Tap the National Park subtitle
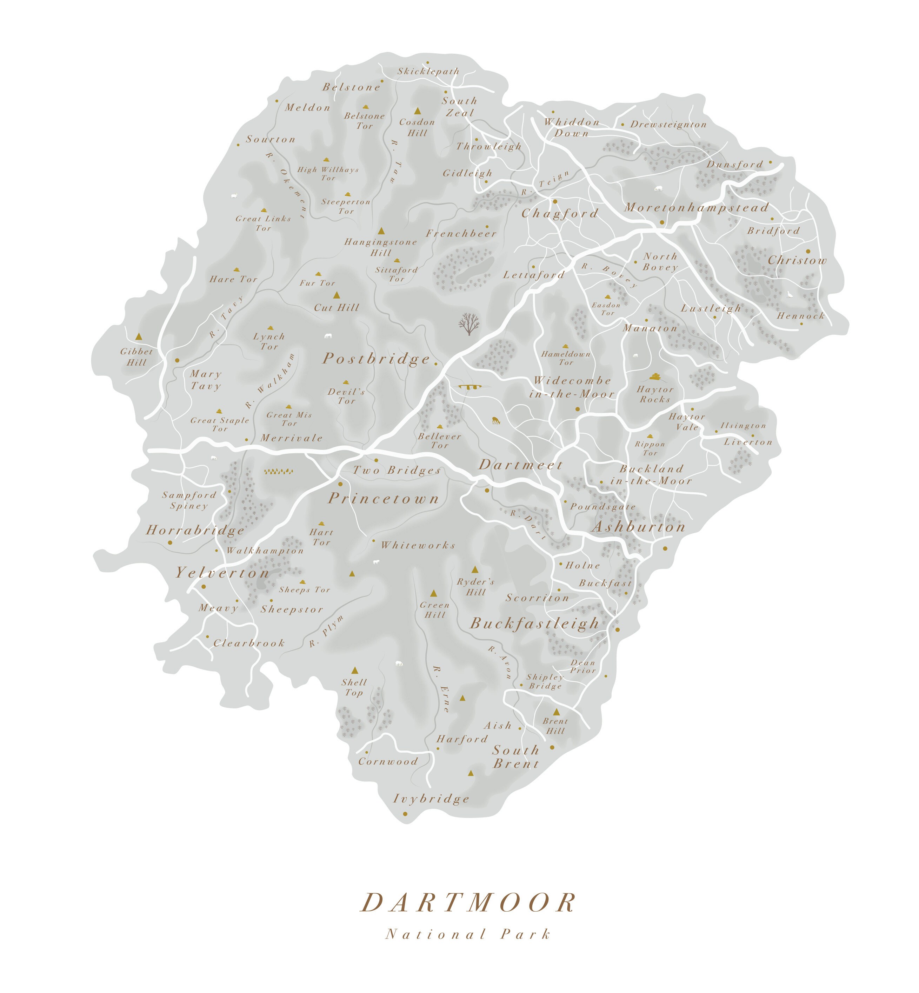468,934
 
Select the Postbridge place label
377,359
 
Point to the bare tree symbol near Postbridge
469,324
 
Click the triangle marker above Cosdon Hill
418,111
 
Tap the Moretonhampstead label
696,208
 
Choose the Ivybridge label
431,799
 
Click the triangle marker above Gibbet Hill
139,336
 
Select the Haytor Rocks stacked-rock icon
655,376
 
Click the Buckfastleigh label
534,624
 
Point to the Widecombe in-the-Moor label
572,387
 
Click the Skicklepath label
428,72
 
